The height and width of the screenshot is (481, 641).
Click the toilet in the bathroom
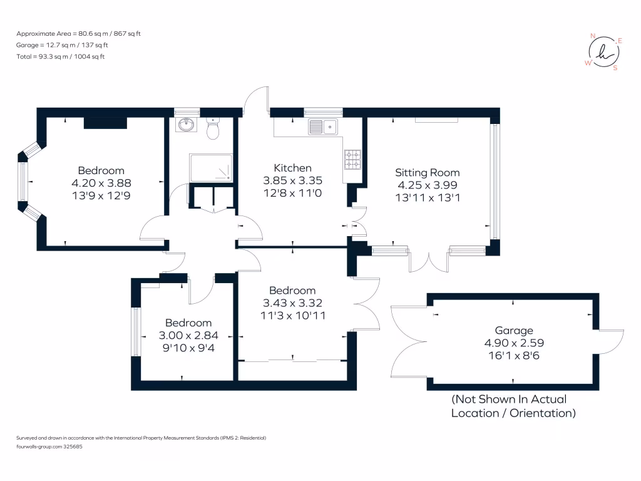point(212,130)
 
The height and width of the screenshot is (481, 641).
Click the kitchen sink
point(322,128)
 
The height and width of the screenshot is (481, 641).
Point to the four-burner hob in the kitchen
point(352,159)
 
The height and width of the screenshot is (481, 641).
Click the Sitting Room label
point(427,172)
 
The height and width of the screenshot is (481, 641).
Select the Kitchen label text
point(292,168)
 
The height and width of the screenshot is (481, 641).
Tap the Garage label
point(514,330)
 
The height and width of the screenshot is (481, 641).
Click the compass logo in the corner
point(603,52)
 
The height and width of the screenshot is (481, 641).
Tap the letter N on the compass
point(593,36)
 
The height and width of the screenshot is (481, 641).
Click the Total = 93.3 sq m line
point(61,57)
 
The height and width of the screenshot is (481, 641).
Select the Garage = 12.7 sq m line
point(63,45)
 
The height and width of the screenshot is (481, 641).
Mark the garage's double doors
point(410,341)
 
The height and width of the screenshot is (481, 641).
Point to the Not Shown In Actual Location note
point(513,406)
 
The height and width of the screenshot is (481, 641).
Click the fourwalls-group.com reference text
point(49,447)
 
